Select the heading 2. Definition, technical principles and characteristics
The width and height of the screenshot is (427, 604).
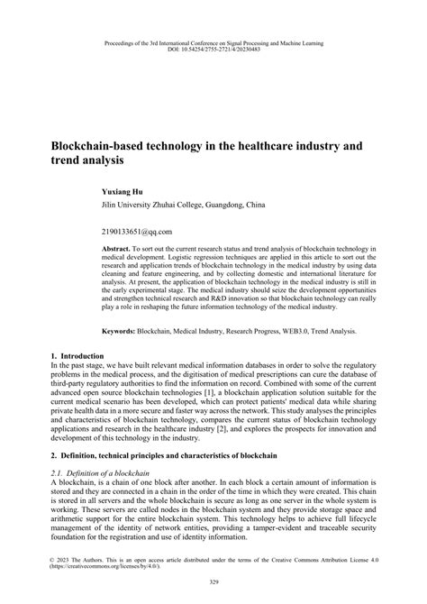tap(163, 457)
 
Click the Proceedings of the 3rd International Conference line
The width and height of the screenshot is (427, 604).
tap(213, 41)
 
